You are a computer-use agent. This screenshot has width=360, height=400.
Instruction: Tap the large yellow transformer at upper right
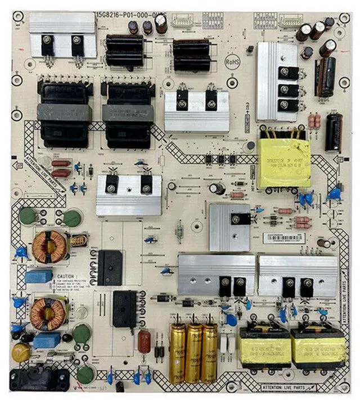pos(284,163)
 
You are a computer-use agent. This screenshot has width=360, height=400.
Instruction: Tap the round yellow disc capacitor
pos(21,352)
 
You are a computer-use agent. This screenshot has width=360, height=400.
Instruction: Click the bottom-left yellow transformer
pos(265,348)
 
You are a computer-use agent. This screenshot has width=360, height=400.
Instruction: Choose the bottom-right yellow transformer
pos(318,348)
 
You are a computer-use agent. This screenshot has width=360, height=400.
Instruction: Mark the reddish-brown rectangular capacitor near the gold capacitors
pos(145,341)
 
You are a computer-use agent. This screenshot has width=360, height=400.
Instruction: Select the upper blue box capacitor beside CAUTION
pos(39,276)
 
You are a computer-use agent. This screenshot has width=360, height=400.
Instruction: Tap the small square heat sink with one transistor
pos(229,226)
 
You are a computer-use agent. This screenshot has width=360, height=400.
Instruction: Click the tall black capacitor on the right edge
pos(333,132)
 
